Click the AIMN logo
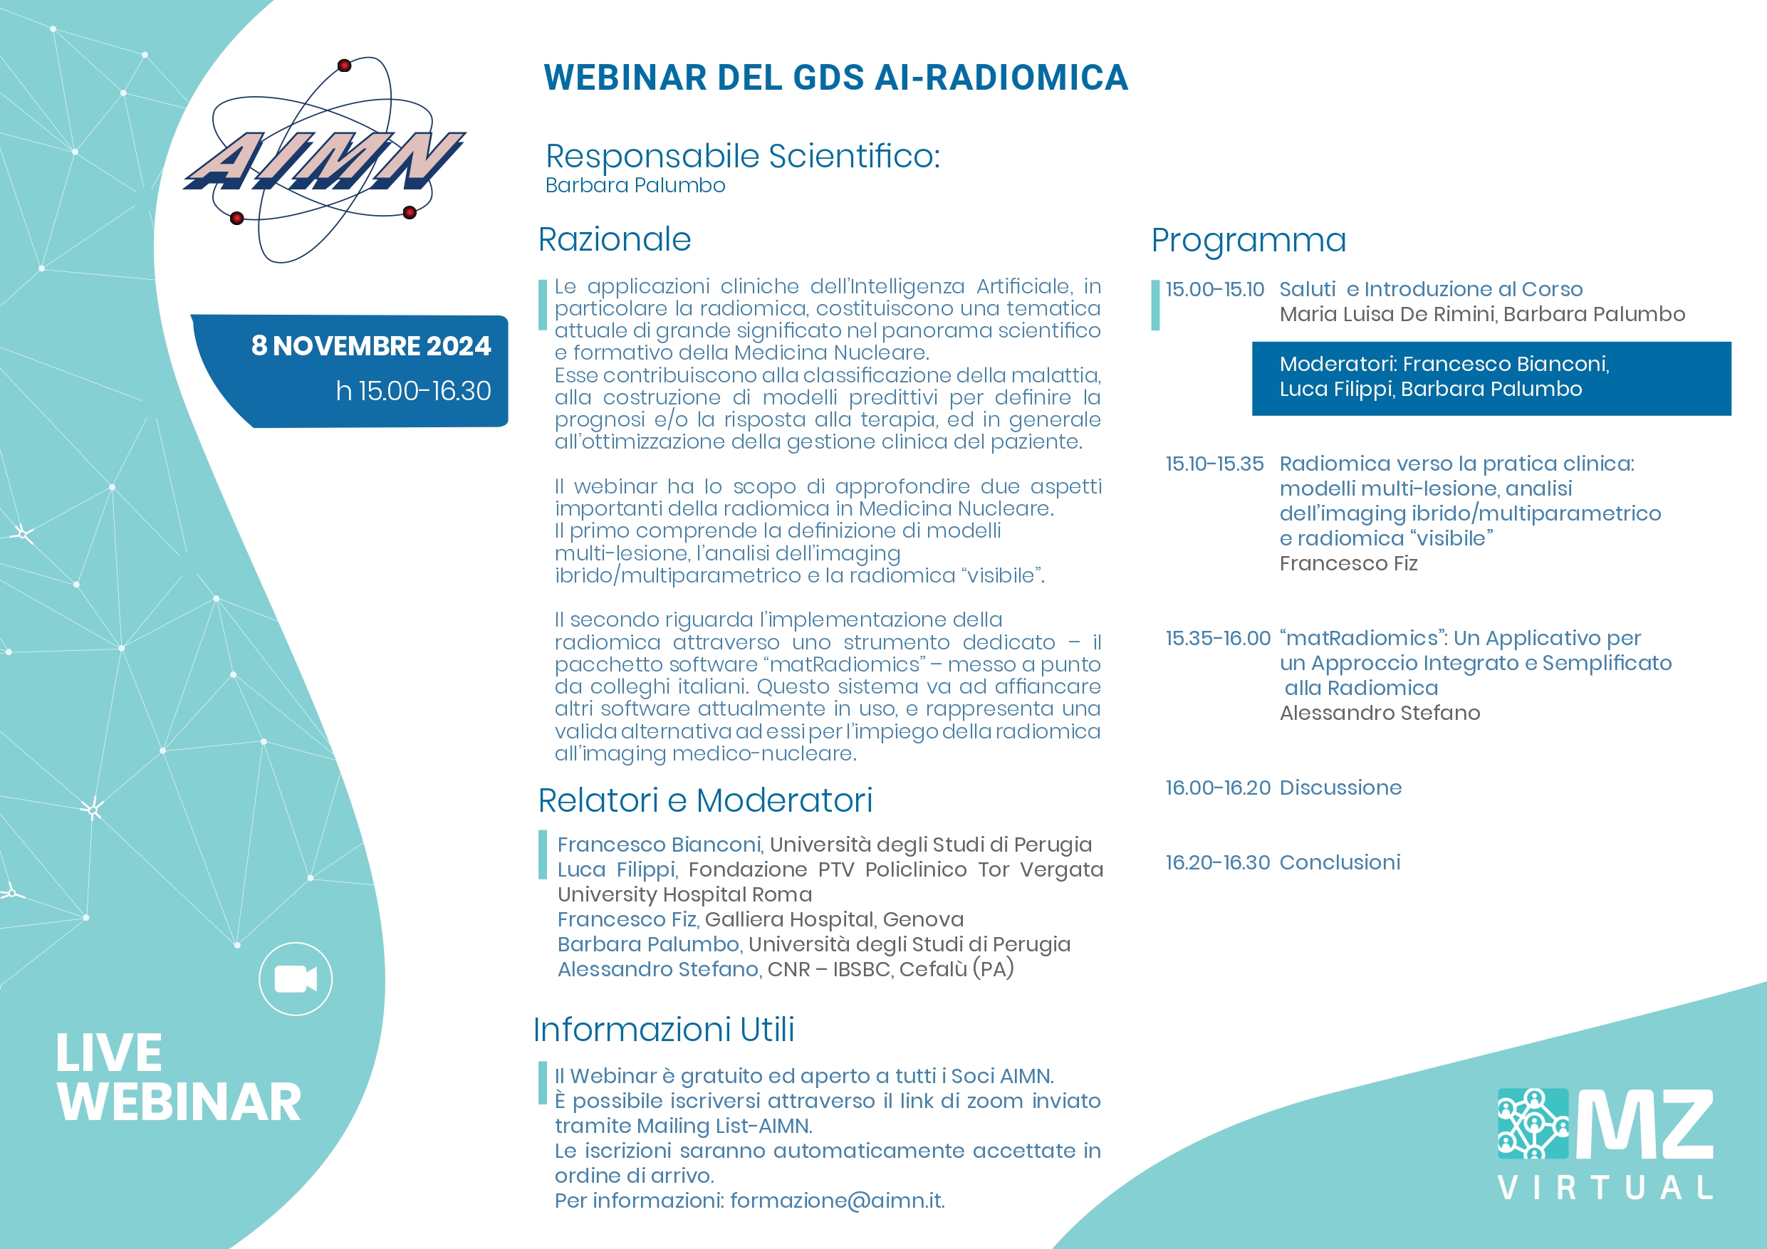pyautogui.click(x=324, y=160)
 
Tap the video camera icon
pyautogui.click(x=296, y=979)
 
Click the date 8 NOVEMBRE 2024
pyautogui.click(x=371, y=345)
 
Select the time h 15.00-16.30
pyautogui.click(x=413, y=391)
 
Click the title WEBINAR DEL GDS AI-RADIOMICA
pyautogui.click(x=836, y=77)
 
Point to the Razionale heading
pyautogui.click(x=614, y=239)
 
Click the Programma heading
pyautogui.click(x=1249, y=241)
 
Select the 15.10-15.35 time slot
pyautogui.click(x=1214, y=464)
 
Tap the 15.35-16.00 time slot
pyautogui.click(x=1217, y=638)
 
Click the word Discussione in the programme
pyautogui.click(x=1340, y=788)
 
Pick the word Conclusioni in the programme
pyautogui.click(x=1340, y=862)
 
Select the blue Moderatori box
pyautogui.click(x=1491, y=379)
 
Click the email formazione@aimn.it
pyautogui.click(x=837, y=1201)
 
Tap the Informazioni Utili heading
pyautogui.click(x=663, y=1030)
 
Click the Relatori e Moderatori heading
pyautogui.click(x=705, y=800)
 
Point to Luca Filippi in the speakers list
pyautogui.click(x=615, y=869)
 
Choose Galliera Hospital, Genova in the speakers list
pyautogui.click(x=834, y=919)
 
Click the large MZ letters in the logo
pyautogui.click(x=1644, y=1124)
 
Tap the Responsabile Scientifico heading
pyautogui.click(x=743, y=156)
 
